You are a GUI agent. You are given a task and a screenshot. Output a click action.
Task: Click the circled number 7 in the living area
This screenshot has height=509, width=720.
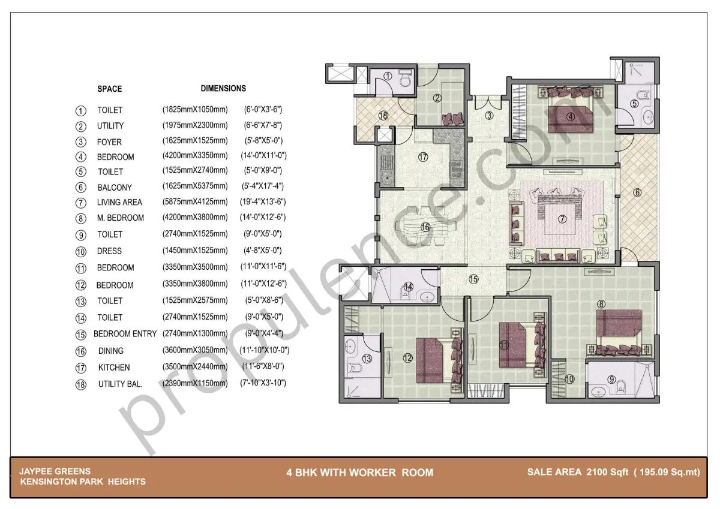click(x=562, y=219)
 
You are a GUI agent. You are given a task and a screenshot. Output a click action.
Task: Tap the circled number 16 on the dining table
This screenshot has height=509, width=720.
click(x=425, y=227)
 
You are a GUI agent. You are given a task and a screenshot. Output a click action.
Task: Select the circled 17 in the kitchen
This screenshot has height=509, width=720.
click(x=422, y=157)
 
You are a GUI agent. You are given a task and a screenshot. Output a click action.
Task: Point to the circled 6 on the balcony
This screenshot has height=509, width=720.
click(x=637, y=192)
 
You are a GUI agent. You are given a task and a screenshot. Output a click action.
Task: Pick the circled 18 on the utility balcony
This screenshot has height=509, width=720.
click(x=383, y=115)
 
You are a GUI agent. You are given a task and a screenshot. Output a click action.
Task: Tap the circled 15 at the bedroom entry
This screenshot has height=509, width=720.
click(x=473, y=279)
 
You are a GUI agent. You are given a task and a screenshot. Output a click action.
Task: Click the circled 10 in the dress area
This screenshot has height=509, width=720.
click(x=569, y=379)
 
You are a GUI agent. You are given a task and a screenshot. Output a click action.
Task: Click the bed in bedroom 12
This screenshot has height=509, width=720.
click(x=433, y=359)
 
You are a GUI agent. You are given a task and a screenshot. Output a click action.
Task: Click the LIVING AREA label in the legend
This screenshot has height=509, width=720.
click(x=119, y=202)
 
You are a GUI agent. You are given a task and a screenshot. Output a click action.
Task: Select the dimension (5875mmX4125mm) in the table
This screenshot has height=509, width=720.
click(x=195, y=201)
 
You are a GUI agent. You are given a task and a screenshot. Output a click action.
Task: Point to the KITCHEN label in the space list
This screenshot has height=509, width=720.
click(x=114, y=368)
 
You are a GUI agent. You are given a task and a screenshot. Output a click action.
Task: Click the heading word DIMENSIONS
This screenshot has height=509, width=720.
click(x=223, y=88)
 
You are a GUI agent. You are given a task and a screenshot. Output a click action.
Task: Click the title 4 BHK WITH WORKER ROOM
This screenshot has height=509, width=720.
click(x=360, y=472)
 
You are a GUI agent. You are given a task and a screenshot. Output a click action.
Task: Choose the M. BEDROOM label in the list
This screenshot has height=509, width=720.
click(x=120, y=218)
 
